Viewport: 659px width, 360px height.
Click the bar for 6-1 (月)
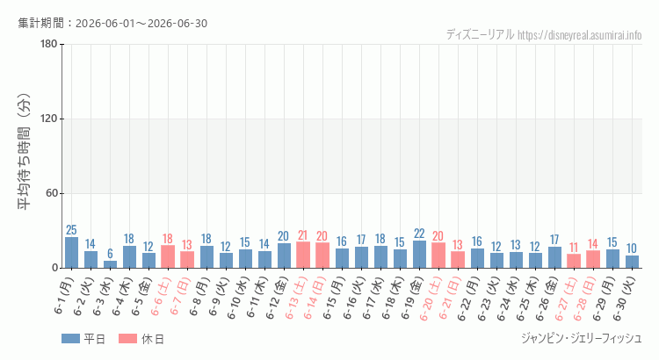tap(71, 253)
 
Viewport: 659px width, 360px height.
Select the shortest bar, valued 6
tap(110, 264)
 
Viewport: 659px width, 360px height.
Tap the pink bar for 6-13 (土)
tap(303, 255)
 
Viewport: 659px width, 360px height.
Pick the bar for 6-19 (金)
tap(419, 254)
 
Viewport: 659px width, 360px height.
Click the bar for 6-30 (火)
tap(632, 262)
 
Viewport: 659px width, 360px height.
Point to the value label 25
tap(71, 230)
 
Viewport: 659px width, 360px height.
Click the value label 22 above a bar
tap(419, 234)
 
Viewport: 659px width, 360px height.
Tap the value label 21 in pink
tap(303, 234)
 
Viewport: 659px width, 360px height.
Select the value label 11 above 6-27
tap(574, 248)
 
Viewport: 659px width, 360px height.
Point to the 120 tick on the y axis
tap(49, 119)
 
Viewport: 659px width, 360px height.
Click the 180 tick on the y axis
tap(49, 44)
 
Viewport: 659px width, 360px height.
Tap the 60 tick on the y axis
tap(52, 194)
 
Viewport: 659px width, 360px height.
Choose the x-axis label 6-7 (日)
tap(181, 297)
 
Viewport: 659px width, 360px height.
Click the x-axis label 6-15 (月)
tap(334, 299)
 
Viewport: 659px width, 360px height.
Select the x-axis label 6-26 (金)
tap(547, 299)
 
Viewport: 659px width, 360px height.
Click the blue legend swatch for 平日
tap(70, 339)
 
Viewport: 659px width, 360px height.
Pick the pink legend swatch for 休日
tap(127, 339)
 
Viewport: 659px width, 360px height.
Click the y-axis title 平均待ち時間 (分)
tap(24, 152)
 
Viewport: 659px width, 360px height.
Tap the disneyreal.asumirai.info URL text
tap(580, 35)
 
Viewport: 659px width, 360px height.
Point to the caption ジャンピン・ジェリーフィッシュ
tap(582, 338)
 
